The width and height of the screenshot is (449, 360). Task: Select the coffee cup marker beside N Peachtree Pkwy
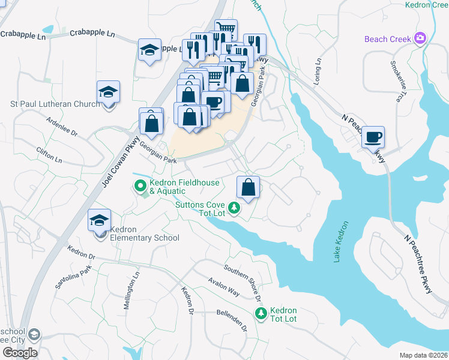point(373,137)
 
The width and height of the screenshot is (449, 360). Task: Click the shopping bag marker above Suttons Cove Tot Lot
point(248,188)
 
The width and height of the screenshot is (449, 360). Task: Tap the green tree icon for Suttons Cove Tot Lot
point(234,208)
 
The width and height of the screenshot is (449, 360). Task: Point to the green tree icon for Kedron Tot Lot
point(261,313)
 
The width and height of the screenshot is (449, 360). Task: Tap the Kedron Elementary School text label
point(144,238)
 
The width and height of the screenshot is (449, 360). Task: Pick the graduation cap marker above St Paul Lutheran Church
point(108,92)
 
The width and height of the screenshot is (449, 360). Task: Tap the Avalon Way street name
point(224,287)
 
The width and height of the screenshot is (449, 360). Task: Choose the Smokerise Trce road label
point(398,80)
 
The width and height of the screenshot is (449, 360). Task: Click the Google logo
point(20,353)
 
